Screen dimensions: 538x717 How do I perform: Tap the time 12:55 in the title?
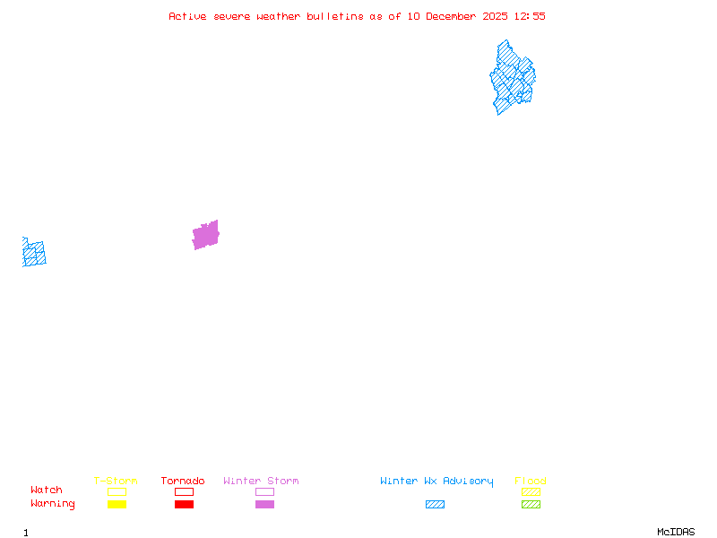pos(529,16)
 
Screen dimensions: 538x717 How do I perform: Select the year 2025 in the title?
pos(495,16)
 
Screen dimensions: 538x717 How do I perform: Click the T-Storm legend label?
pos(116,481)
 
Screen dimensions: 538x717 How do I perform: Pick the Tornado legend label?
pos(183,481)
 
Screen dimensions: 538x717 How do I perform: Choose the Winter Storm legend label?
pos(261,481)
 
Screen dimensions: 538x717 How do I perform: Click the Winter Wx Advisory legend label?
pos(436,481)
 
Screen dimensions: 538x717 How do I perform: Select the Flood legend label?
pos(531,481)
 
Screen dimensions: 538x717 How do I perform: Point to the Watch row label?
pos(47,490)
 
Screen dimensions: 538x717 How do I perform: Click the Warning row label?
pos(53,504)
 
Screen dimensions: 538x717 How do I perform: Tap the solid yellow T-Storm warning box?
pos(117,504)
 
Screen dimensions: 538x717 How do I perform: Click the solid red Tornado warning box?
pos(184,504)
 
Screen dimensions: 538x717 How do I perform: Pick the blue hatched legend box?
pos(435,504)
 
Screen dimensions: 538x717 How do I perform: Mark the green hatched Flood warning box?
pos(531,504)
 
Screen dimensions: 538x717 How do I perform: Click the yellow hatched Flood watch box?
pos(531,491)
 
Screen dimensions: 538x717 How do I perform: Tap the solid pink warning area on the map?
pos(206,235)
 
